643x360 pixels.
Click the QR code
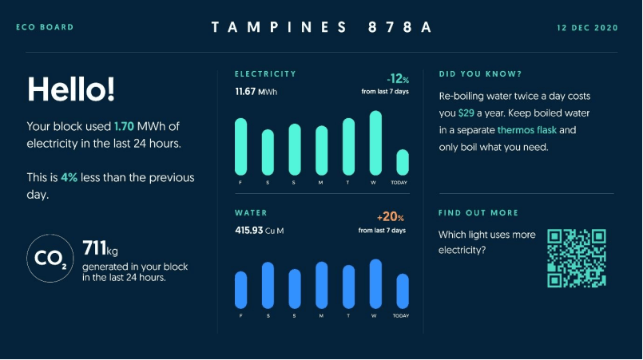pos(576,258)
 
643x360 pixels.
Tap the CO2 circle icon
pos(51,258)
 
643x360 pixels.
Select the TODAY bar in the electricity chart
pos(403,162)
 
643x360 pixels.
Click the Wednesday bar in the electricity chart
pos(375,143)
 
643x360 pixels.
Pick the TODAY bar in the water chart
pos(403,291)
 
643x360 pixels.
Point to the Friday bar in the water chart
pos(240,290)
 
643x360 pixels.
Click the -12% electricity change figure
pos(397,80)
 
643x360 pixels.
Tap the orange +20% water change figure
pos(391,217)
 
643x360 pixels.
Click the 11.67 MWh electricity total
pos(256,93)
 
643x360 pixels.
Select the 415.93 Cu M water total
pos(260,231)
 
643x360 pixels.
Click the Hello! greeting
pos(70,89)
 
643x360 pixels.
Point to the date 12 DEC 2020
pos(587,28)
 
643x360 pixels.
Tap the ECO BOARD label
pos(45,28)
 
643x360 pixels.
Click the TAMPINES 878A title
pos(321,28)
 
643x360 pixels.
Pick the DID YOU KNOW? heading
pos(481,74)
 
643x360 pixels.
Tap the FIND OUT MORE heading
pos(478,213)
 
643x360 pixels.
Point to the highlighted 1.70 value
pos(124,126)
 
